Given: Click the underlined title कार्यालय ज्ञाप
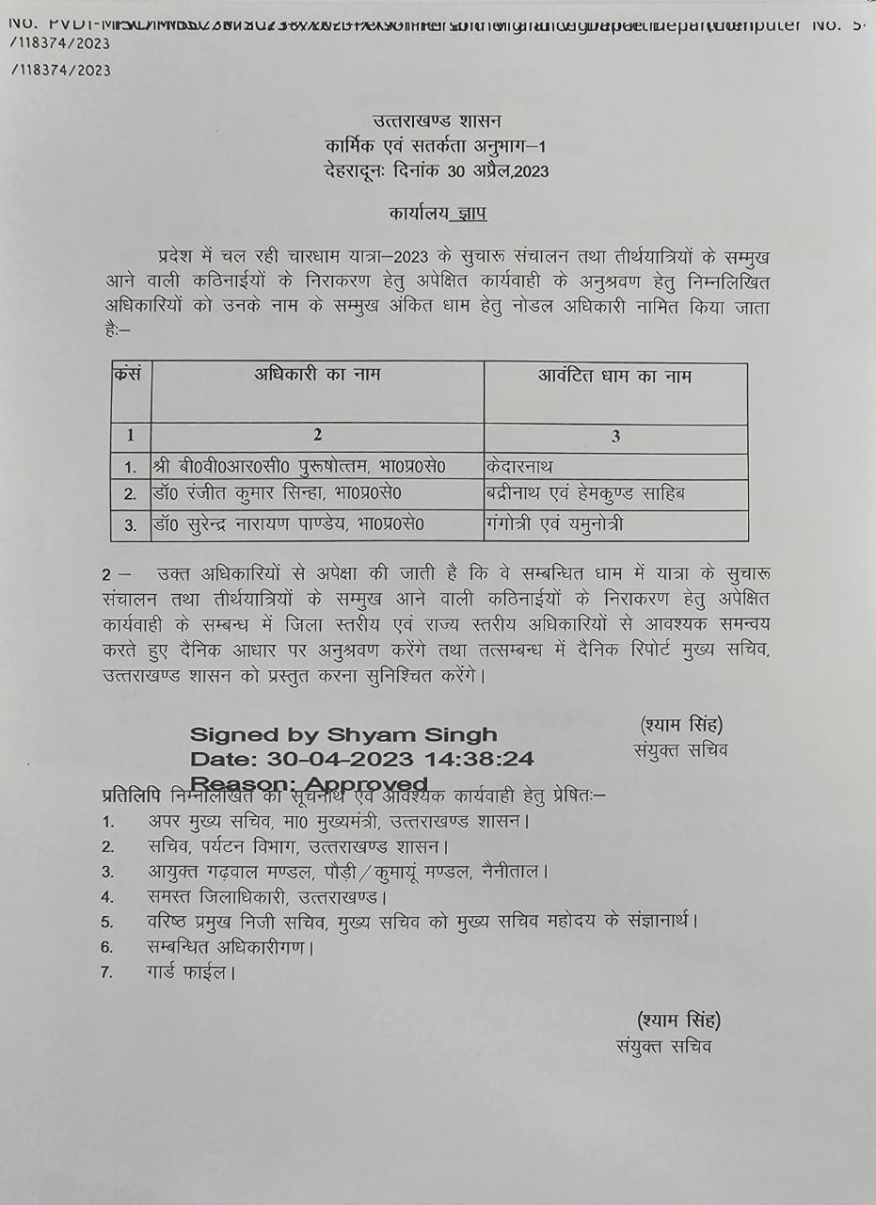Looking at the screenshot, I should [438, 214].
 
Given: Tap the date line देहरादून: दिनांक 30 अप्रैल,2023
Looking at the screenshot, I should [435, 171].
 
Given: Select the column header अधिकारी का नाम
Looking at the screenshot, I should [317, 376].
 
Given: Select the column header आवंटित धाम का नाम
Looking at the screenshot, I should [614, 377].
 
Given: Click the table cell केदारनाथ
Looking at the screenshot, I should [520, 466].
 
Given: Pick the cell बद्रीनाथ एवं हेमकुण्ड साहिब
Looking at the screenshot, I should [586, 493].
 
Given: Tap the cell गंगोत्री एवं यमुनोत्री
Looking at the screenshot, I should [555, 524].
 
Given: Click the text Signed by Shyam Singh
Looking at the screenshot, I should [343, 735].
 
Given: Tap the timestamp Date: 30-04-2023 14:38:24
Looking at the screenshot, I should [362, 759].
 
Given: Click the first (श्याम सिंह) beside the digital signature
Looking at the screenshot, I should [681, 725].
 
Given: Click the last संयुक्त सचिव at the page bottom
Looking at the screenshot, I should [664, 1046].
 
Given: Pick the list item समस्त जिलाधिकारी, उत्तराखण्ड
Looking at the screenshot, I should [268, 896].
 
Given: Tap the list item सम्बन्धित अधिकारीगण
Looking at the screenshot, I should [231, 947].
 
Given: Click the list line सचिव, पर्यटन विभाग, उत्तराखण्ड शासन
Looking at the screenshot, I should [298, 846].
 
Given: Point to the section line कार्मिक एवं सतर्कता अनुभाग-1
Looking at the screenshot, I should [436, 146].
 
